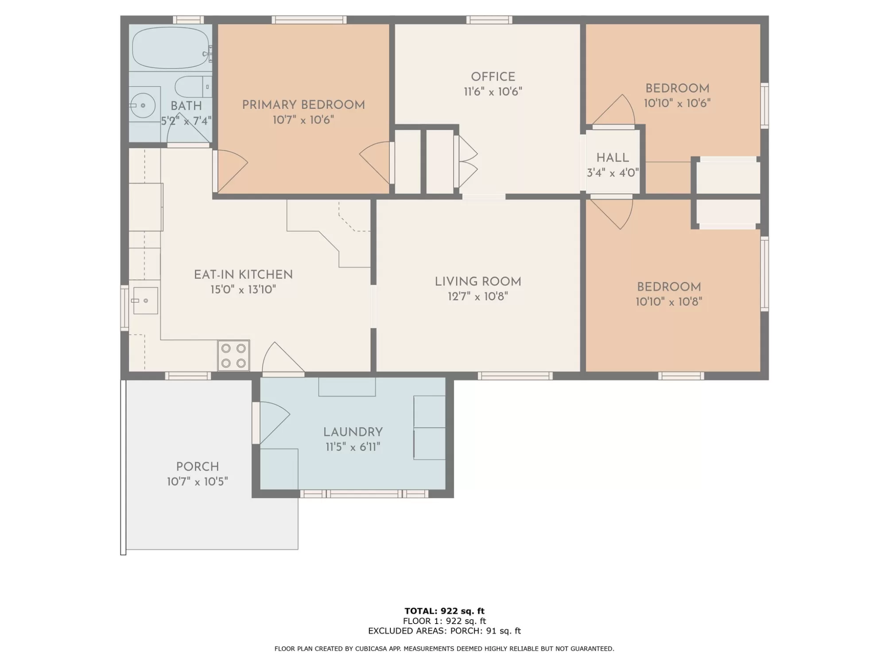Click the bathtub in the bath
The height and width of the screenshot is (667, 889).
click(171, 47)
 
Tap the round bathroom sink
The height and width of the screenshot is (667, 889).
click(143, 105)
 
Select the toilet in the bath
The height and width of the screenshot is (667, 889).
click(193, 87)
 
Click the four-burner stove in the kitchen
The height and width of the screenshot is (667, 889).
click(233, 355)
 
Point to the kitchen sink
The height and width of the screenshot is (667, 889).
click(145, 300)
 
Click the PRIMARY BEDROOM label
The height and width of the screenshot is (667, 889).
click(303, 105)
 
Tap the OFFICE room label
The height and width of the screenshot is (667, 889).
click(493, 77)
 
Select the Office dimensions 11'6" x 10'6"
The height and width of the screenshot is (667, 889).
click(493, 92)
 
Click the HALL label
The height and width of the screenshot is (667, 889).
click(613, 158)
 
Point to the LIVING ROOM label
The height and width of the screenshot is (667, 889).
click(478, 281)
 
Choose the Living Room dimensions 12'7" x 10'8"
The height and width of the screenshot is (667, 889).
click(478, 296)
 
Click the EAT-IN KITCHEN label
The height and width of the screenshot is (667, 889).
click(243, 275)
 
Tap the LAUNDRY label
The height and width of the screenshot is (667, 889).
click(353, 432)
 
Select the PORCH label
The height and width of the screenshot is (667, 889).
click(198, 467)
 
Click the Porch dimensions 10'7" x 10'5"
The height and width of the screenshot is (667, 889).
click(198, 481)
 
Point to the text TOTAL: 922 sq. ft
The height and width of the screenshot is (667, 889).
click(444, 611)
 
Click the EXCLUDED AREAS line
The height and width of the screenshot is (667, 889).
click(444, 631)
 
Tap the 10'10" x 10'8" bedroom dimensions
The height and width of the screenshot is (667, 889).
click(669, 302)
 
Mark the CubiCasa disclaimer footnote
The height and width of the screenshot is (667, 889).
click(444, 649)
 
